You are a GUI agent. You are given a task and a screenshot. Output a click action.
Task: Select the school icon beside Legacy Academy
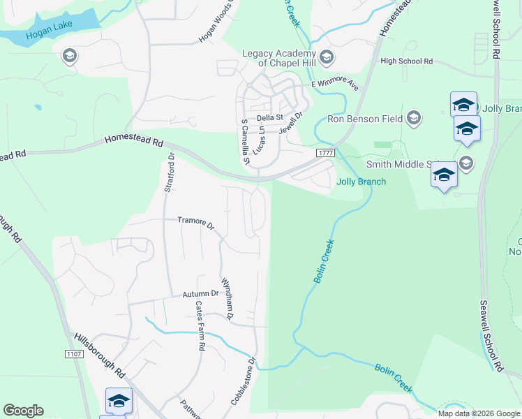[327, 57]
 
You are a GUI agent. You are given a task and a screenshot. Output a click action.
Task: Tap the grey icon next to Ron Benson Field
[414, 118]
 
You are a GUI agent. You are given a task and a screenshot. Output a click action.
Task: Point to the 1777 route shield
[325, 152]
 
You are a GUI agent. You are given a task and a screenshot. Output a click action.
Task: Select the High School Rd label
[407, 61]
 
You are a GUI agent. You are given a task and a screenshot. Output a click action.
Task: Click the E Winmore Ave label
[334, 85]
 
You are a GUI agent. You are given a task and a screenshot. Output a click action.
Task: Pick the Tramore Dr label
[195, 222]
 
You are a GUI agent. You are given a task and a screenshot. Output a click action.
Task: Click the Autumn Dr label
[201, 295]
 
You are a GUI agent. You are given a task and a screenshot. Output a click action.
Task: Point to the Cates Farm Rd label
[200, 325]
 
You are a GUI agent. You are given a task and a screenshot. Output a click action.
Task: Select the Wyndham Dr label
[227, 298]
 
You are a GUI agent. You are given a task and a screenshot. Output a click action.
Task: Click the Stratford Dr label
[169, 175]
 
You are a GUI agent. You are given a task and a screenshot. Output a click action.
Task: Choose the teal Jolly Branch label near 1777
[361, 182]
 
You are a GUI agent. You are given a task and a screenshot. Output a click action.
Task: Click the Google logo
[23, 411]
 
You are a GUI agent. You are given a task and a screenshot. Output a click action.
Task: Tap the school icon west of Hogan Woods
[69, 56]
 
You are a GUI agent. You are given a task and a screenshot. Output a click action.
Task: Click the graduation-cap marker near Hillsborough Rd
[119, 401]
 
